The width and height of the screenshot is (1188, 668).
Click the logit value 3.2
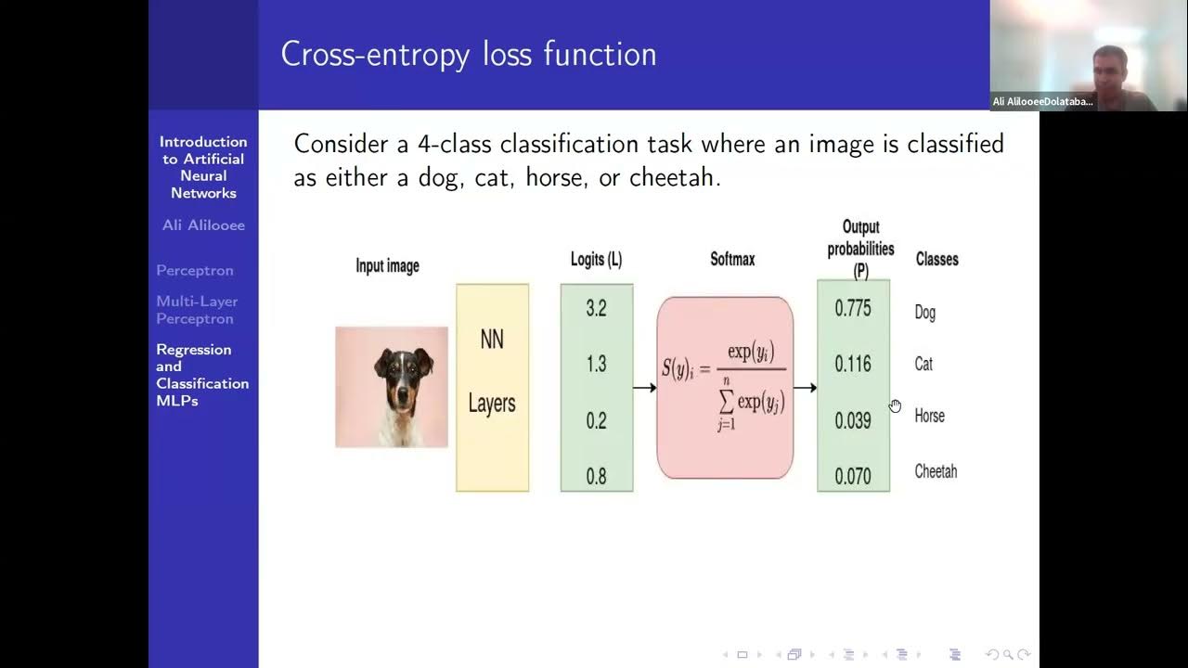click(596, 309)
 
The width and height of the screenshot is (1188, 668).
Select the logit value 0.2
click(596, 420)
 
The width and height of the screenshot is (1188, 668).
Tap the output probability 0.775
click(852, 309)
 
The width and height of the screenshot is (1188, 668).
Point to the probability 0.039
click(852, 420)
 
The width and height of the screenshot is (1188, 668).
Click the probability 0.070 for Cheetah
click(852, 476)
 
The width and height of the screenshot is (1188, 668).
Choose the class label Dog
click(924, 313)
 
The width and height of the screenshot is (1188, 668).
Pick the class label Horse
click(929, 416)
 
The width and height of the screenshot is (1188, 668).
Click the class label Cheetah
click(936, 471)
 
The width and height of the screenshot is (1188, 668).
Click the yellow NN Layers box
click(492, 387)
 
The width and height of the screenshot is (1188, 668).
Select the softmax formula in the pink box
click(724, 387)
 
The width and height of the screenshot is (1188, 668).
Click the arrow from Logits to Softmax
click(644, 387)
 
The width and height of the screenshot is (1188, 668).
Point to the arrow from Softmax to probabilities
click(805, 387)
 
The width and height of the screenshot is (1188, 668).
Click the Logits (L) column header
click(596, 260)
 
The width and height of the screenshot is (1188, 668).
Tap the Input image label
click(387, 266)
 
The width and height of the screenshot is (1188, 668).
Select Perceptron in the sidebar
click(195, 271)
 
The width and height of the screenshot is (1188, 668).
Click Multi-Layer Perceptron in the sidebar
click(197, 310)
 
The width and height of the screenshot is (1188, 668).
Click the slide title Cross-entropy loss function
click(469, 54)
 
